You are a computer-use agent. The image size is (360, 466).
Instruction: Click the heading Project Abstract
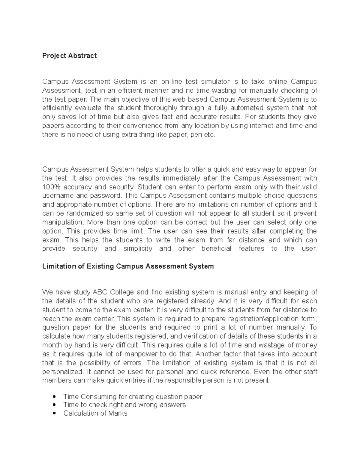coord(69,56)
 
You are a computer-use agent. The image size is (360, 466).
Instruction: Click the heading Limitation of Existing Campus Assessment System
coord(128,266)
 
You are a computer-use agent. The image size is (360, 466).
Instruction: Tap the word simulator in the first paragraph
coord(215,82)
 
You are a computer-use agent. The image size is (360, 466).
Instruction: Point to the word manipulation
coord(62,222)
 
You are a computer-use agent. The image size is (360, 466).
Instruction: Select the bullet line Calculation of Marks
coord(95,413)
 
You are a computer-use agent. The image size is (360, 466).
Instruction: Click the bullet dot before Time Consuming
coord(54,396)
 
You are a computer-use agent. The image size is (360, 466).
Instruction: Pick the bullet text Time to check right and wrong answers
coord(124,405)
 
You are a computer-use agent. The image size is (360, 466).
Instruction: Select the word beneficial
coord(216,249)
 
